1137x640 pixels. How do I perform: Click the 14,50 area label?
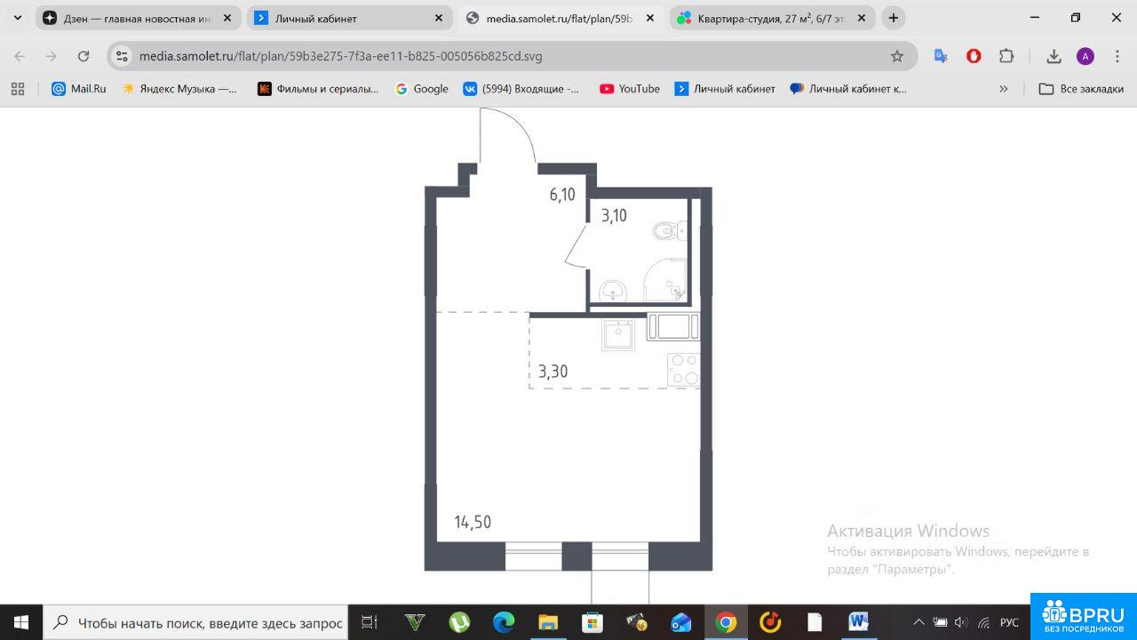473,522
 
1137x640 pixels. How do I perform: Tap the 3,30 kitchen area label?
553,372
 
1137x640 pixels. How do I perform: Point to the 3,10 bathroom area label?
614,215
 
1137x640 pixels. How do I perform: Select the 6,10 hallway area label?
562,194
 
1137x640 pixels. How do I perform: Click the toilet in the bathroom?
670,231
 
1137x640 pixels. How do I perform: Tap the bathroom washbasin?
613,291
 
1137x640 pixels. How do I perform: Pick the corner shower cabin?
665,280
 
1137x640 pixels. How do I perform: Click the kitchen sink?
618,334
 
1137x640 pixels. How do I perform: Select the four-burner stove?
684,369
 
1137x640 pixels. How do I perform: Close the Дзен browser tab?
227,19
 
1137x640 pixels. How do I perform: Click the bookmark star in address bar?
897,56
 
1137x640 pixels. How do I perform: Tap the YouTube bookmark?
630,89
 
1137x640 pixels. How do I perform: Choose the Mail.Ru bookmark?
79,89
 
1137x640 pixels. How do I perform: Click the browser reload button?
83,56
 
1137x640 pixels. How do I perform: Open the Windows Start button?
21,622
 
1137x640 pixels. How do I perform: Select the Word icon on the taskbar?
858,621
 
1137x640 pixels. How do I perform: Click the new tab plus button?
894,19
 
